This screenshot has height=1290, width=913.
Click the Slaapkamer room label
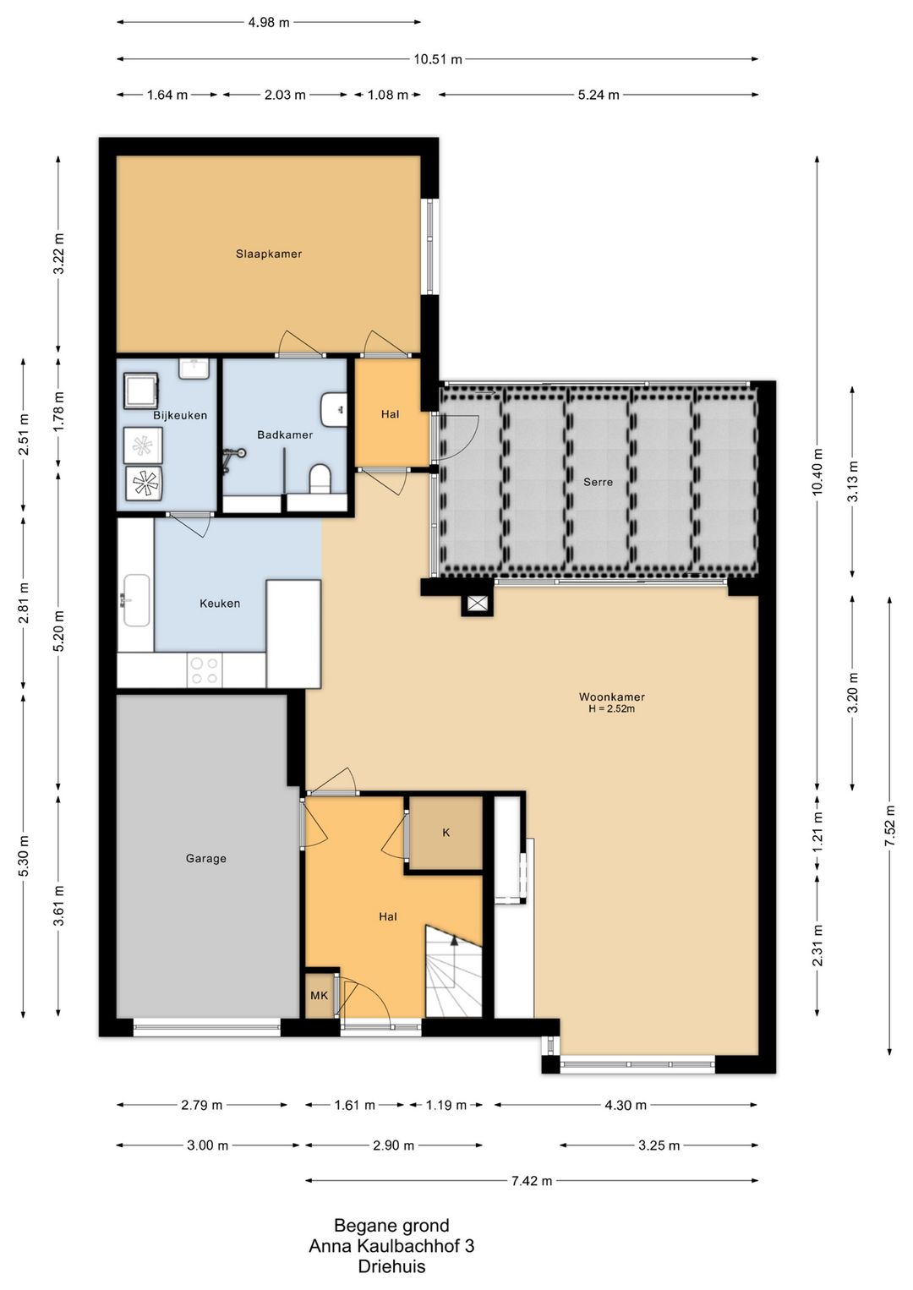click(269, 254)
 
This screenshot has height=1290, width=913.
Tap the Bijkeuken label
click(180, 415)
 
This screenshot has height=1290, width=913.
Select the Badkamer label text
click(285, 435)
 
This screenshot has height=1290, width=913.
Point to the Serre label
click(598, 482)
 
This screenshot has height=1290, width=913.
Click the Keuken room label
click(220, 604)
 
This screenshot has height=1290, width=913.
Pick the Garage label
click(205, 859)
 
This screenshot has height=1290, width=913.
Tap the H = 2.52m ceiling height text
click(611, 709)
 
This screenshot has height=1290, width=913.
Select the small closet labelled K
click(446, 832)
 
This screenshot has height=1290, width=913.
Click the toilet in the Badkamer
click(320, 479)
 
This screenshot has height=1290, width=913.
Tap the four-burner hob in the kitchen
click(205, 670)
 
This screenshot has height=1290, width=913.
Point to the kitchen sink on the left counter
click(135, 600)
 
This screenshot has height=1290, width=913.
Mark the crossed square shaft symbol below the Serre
click(477, 603)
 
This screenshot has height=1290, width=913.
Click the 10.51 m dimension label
click(438, 59)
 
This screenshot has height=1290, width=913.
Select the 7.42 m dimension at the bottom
click(532, 1181)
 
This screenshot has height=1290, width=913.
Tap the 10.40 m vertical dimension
click(817, 471)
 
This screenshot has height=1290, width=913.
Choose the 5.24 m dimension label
click(599, 95)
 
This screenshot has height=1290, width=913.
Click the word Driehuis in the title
click(391, 1266)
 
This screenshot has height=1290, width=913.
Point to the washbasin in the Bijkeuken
click(194, 369)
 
